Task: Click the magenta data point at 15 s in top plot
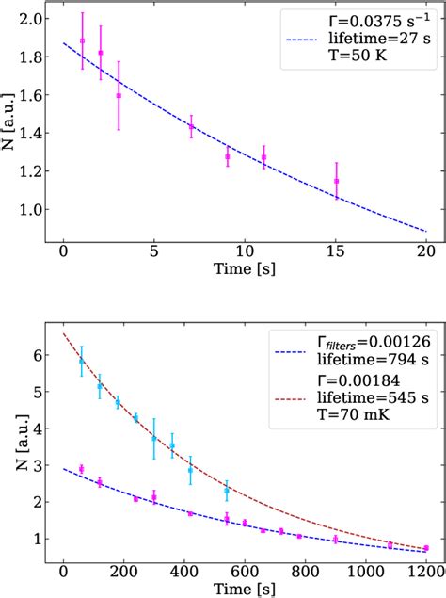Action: [x=336, y=181]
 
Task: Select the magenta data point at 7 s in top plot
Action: [x=191, y=126]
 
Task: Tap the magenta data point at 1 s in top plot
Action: [x=82, y=40]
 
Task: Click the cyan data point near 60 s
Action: [x=82, y=360]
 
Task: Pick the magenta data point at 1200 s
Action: [x=426, y=548]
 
